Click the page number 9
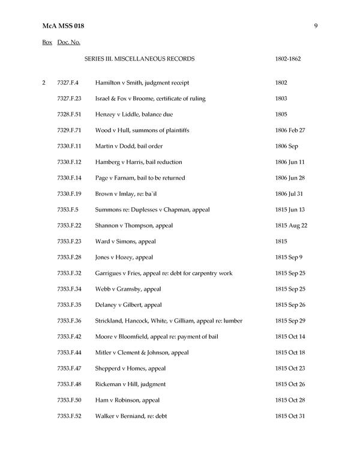point(316,26)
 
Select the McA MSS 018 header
point(64,26)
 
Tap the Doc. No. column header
point(68,43)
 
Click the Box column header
point(47,43)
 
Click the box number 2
point(44,82)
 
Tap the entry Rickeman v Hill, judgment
point(130,384)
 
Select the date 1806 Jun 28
point(290,178)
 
